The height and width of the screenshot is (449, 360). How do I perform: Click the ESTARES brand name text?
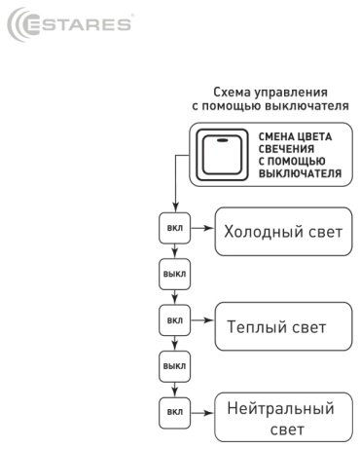pos(78,25)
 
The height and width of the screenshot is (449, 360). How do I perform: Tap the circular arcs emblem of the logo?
pos(15,24)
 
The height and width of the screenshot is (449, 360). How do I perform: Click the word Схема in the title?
pos(232,93)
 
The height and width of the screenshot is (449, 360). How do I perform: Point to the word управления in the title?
pos(290,94)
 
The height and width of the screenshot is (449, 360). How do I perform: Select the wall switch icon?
pos(222,155)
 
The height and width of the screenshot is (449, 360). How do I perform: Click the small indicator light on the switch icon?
pos(222,140)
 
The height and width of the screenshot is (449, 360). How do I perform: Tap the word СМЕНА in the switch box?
pos(275,136)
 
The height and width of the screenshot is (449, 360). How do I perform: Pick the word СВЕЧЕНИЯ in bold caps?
pos(286,149)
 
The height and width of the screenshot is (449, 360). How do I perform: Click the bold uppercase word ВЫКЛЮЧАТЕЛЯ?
pos(300,173)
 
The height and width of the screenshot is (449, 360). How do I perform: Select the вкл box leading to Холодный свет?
pos(174,228)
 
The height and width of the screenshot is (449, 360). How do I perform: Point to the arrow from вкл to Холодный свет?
pos(202,228)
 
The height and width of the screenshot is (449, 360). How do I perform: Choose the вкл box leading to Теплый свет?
pos(174,320)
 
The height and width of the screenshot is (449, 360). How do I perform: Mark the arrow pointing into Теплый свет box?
pos(202,320)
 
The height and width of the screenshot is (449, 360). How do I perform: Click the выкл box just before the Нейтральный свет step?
pos(174,366)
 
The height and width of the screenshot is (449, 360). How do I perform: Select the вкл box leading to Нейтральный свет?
pos(174,412)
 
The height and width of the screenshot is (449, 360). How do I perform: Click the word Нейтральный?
pos(280,408)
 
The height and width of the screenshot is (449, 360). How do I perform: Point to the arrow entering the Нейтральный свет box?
pos(202,413)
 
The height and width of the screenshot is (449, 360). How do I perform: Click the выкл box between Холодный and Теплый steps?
pos(174,275)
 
